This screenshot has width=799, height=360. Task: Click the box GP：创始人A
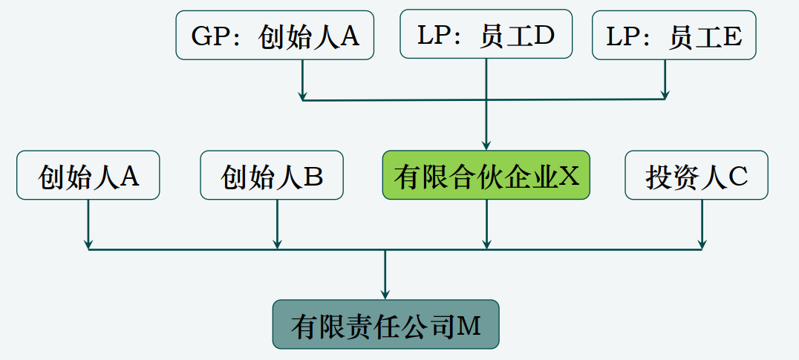tap(275, 36)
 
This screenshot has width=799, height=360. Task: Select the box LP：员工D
tap(486, 34)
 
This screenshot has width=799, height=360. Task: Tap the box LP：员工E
tap(674, 36)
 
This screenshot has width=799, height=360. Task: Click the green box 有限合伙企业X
tap(486, 176)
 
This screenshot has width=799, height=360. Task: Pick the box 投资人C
tap(697, 176)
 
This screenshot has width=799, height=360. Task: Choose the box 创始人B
tap(272, 176)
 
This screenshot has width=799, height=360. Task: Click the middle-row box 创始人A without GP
tap(88, 176)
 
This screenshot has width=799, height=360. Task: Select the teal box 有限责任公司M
tap(385, 325)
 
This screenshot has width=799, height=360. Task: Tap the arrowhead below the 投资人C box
tap(702, 244)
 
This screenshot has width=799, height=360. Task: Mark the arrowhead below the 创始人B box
tap(278, 244)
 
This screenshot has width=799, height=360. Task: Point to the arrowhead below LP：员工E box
tap(665, 94)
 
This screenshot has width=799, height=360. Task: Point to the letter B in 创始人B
tap(313, 176)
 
